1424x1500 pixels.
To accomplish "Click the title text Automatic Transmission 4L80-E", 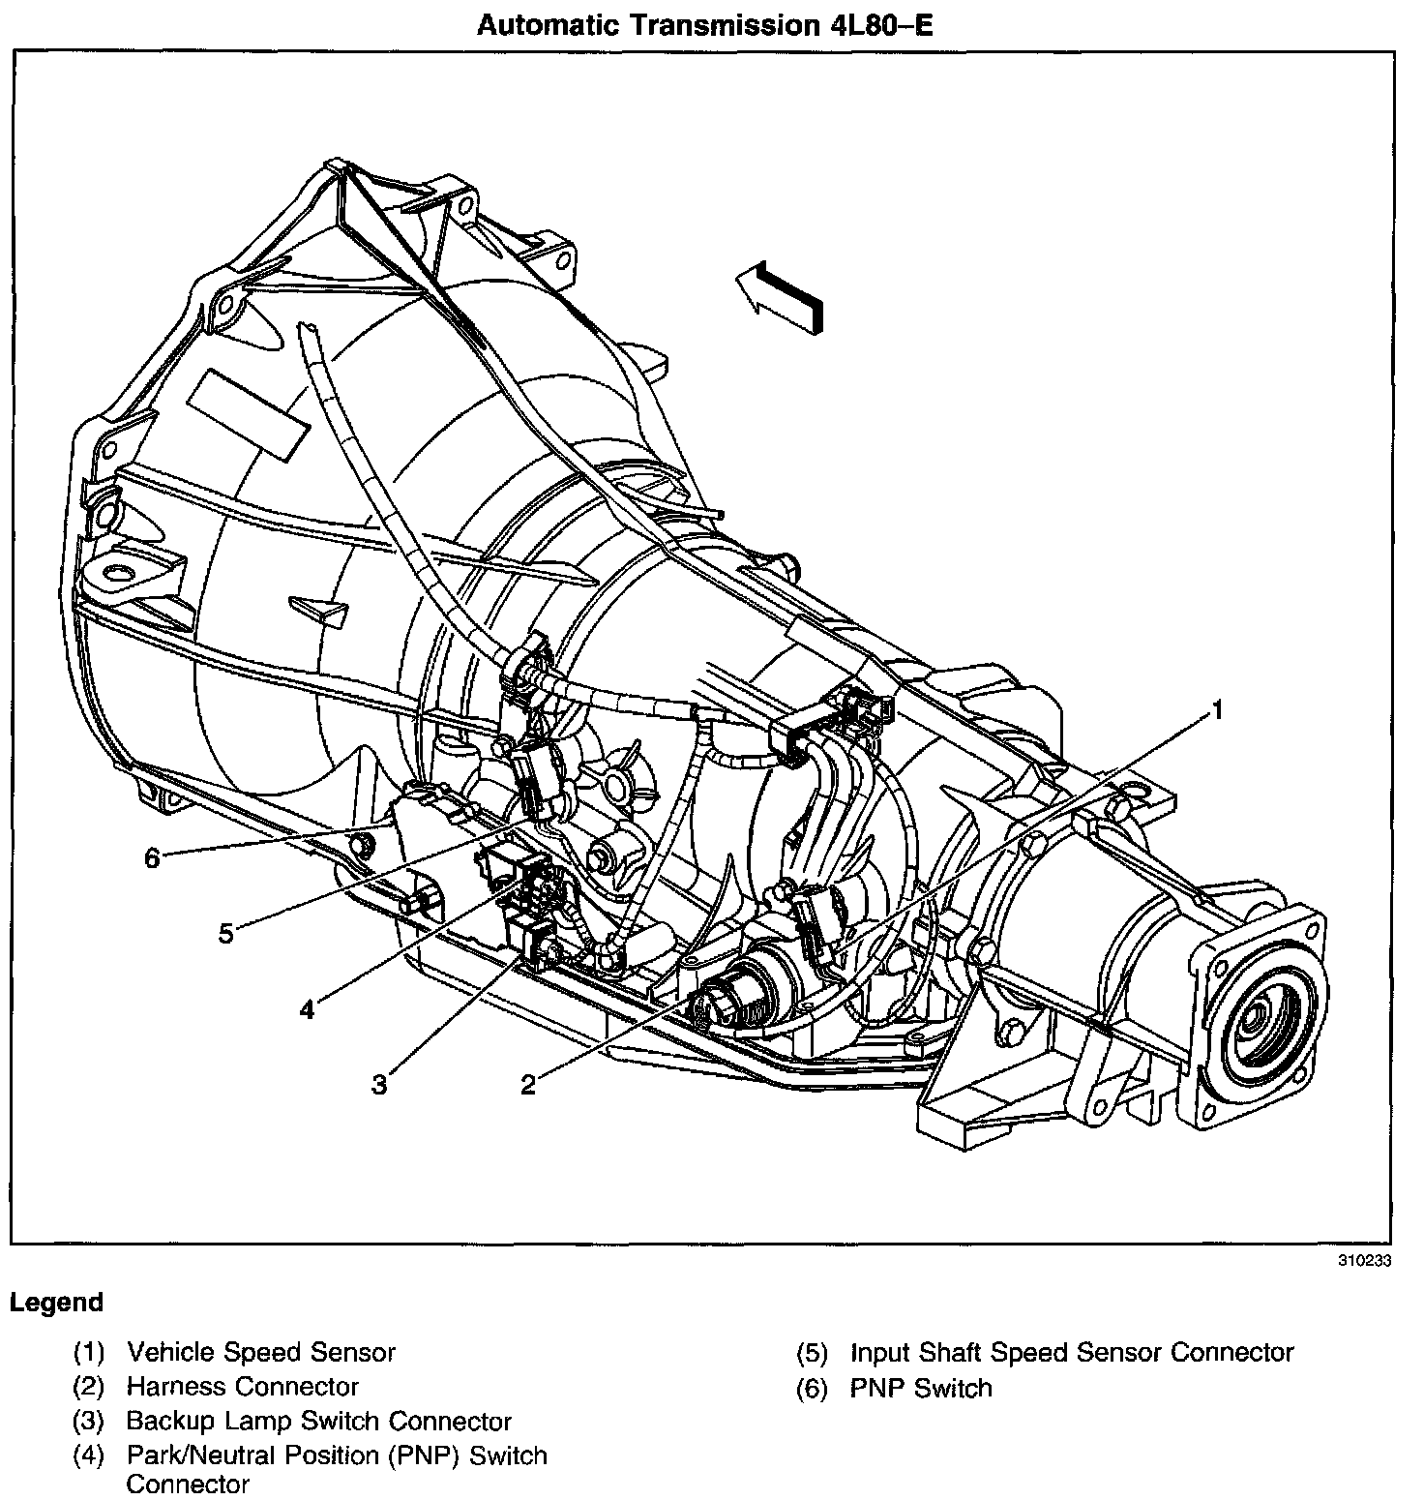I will click(x=704, y=26).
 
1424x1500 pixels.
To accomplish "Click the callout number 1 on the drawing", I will click(x=1218, y=711).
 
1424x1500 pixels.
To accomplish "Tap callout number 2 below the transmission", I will click(x=527, y=1085).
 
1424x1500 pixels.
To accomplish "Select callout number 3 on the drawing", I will click(x=379, y=1085).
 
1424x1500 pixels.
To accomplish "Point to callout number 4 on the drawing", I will click(x=307, y=1010).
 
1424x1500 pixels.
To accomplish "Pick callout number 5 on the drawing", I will click(x=225, y=936).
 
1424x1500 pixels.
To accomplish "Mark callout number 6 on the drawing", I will click(x=152, y=858).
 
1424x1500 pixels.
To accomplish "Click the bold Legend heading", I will click(x=56, y=1303).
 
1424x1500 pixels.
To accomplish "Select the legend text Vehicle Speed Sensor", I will click(x=261, y=1352).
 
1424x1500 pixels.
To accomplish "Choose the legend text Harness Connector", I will click(x=243, y=1387).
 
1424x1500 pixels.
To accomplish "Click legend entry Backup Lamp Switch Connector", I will click(x=318, y=1422).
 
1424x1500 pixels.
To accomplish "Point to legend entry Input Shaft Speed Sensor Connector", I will click(x=1072, y=1352).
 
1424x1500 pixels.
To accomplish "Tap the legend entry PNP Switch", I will click(x=921, y=1389).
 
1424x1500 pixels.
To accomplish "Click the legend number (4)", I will click(x=88, y=1456).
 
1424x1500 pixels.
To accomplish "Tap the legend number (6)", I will click(x=812, y=1389).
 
